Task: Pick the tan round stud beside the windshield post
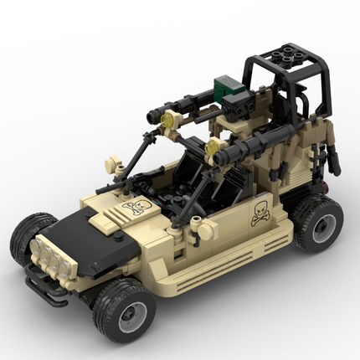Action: (x=110, y=158)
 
